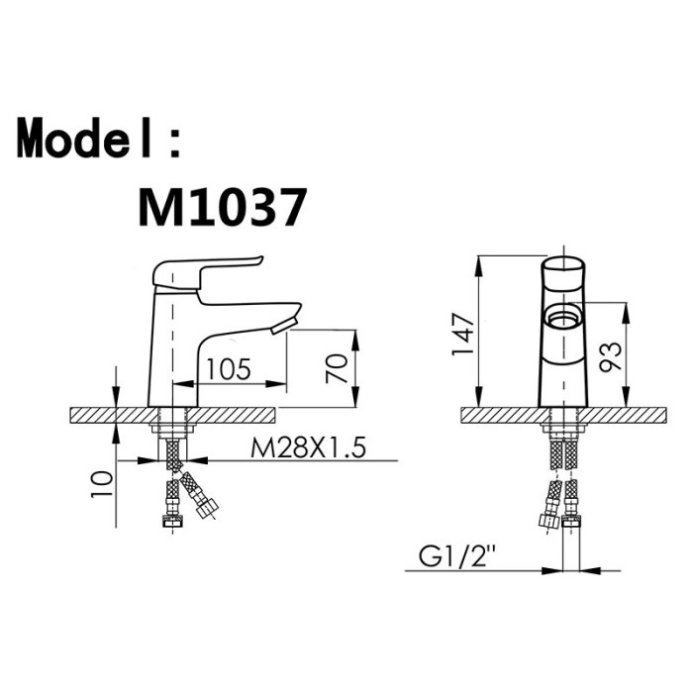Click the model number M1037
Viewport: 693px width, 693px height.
click(x=223, y=207)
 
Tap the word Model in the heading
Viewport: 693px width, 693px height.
click(x=84, y=138)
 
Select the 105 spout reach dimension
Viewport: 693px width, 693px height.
click(x=229, y=368)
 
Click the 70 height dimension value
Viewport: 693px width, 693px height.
click(x=337, y=368)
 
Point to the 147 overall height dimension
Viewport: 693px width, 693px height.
click(x=462, y=334)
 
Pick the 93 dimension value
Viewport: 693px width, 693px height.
click(x=610, y=356)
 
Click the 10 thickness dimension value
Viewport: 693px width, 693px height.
click(x=101, y=484)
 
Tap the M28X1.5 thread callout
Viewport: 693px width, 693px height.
click(x=308, y=447)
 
